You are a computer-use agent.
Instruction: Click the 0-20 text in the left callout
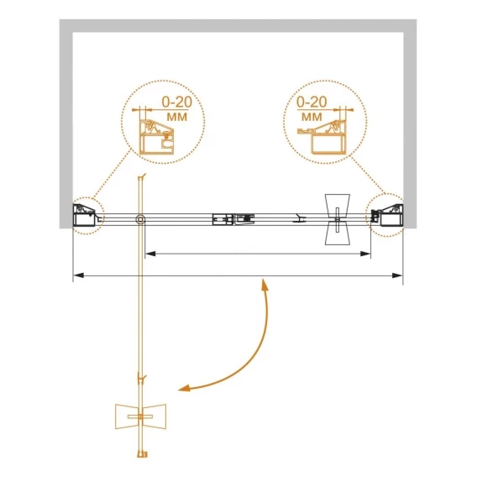[176, 102]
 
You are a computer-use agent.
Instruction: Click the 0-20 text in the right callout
[312, 102]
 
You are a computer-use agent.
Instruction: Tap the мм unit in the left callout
[176, 117]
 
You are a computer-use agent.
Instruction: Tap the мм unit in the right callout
[312, 117]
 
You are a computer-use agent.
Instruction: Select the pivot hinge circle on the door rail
[140, 219]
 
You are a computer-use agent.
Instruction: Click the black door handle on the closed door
[338, 219]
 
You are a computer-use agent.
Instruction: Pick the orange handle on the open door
[140, 417]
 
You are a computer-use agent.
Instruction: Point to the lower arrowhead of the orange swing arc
[185, 389]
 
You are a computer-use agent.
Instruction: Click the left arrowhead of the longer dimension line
[78, 275]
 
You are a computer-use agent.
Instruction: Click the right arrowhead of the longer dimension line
[397, 275]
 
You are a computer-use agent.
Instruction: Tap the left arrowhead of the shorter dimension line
[150, 254]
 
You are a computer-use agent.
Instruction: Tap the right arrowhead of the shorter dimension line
[365, 254]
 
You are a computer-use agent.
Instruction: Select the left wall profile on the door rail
[84, 215]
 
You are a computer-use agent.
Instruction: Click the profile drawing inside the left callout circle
[157, 136]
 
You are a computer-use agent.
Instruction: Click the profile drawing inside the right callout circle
[323, 136]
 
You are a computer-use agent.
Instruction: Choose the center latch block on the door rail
[233, 219]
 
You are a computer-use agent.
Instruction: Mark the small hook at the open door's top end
[142, 177]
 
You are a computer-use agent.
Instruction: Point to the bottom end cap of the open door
[142, 454]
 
